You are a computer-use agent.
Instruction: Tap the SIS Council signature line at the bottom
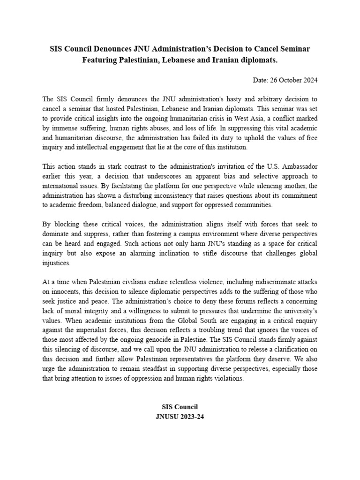click(x=180, y=407)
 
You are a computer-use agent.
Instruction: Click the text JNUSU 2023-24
click(x=180, y=416)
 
